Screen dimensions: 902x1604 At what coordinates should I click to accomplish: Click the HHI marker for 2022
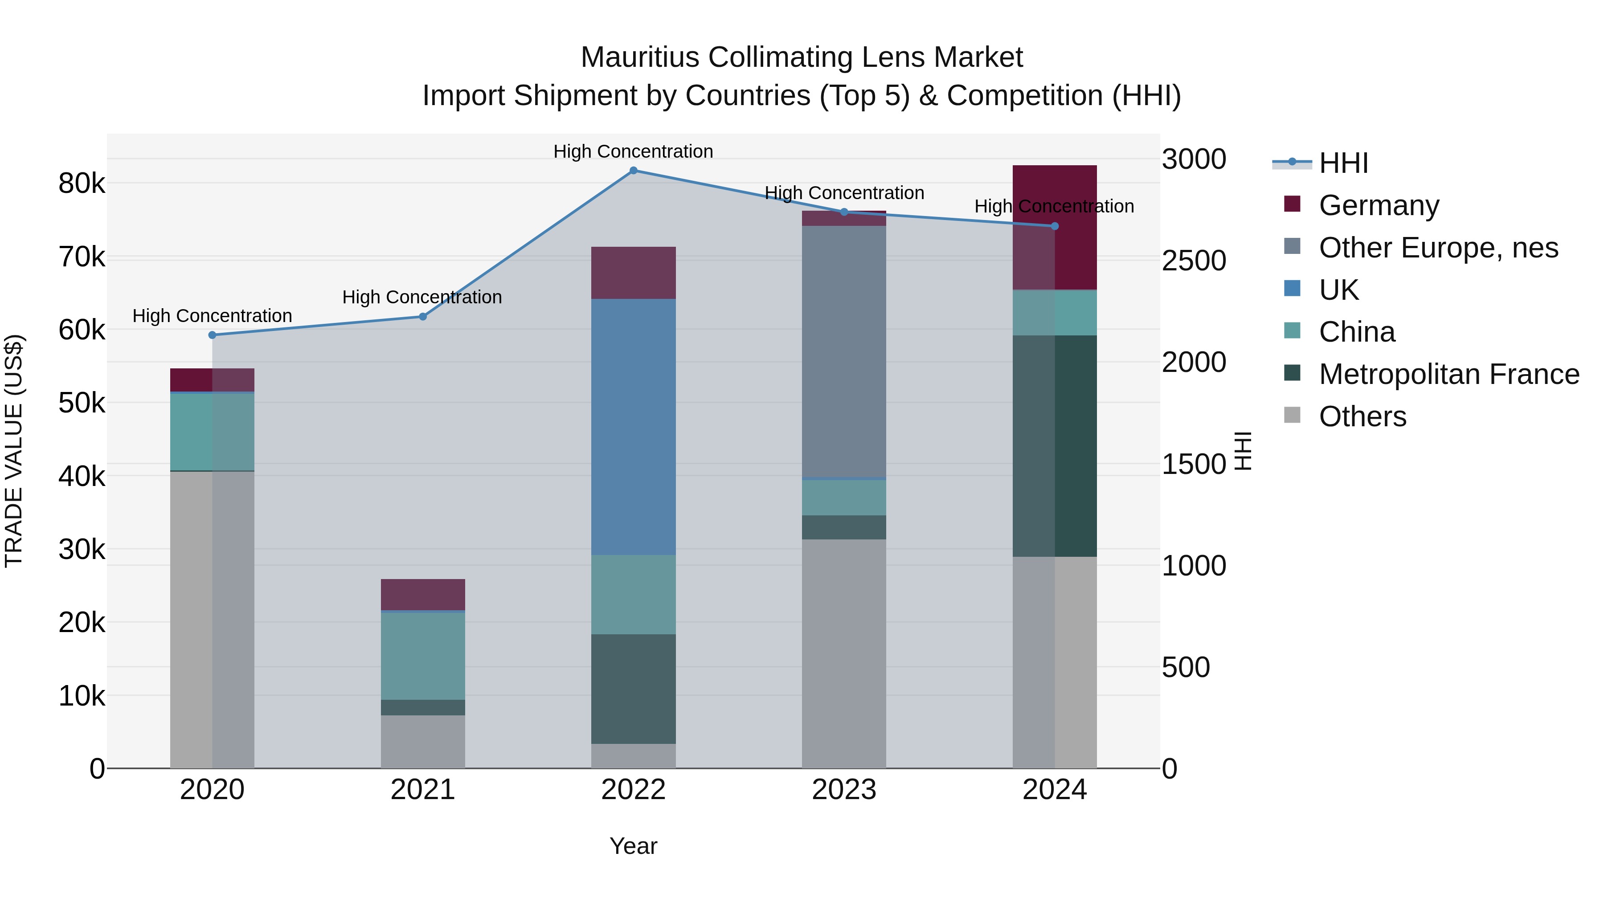click(x=633, y=170)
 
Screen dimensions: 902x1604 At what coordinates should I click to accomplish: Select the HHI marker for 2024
click(x=1054, y=226)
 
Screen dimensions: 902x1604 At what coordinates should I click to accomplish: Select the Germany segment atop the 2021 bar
click(x=423, y=595)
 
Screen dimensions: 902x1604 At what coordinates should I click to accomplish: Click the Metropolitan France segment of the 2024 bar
click(x=1054, y=446)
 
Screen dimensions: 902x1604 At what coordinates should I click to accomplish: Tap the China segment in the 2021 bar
click(x=423, y=656)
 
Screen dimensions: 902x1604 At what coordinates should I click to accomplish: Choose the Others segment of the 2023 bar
click(x=844, y=653)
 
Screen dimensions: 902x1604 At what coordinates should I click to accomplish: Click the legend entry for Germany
click(x=1379, y=205)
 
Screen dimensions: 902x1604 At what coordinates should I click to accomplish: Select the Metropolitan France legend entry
click(x=1449, y=374)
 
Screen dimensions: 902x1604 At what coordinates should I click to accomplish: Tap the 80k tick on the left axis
click(x=82, y=184)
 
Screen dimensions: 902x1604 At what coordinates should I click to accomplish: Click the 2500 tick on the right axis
click(x=1194, y=261)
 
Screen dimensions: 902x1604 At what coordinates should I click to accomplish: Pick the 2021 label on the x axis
click(x=423, y=790)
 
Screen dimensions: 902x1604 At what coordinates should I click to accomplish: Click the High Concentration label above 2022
click(x=633, y=151)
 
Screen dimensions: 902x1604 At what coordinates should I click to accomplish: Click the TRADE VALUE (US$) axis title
click(x=14, y=451)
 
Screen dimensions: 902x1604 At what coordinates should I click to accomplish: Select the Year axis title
click(x=633, y=846)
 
